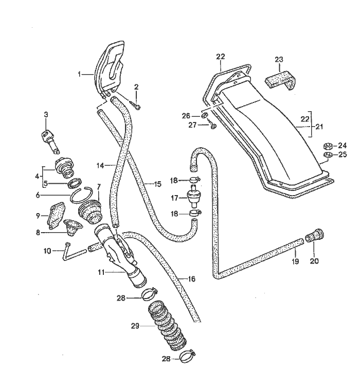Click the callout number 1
[80, 74]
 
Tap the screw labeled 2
[138, 107]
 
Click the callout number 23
[279, 60]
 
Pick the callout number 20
[314, 260]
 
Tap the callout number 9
[39, 215]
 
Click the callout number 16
[191, 279]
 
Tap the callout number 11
[103, 272]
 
